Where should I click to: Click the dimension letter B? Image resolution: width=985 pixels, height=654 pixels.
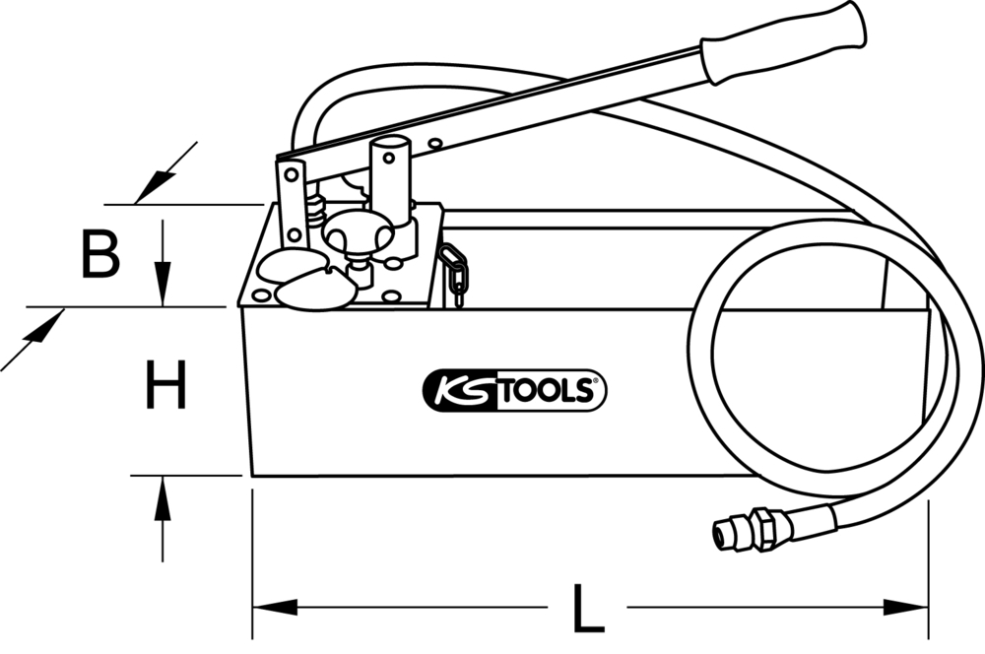coord(100,253)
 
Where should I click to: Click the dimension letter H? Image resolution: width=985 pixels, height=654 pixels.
coord(165,384)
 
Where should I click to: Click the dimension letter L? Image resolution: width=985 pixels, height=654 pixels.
coord(588,608)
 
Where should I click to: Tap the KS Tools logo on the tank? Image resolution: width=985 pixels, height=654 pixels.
coord(514,390)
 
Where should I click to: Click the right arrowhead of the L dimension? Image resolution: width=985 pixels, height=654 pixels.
coord(906,607)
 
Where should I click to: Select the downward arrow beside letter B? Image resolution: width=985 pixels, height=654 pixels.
coord(163,263)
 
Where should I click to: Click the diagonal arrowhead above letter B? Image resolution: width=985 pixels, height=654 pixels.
coord(156,185)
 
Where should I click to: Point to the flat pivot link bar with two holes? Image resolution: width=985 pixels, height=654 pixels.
coord(292,203)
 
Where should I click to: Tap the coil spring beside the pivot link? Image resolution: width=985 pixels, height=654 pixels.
coord(316,213)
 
